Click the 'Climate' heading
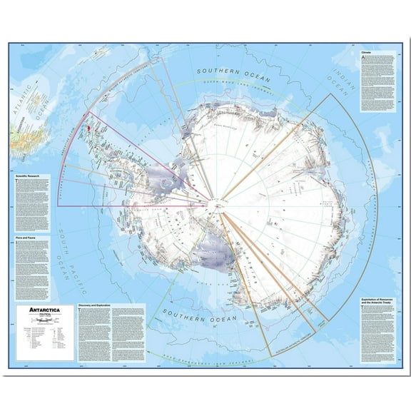coord(366,53)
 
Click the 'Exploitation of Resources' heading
coord(370,285)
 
